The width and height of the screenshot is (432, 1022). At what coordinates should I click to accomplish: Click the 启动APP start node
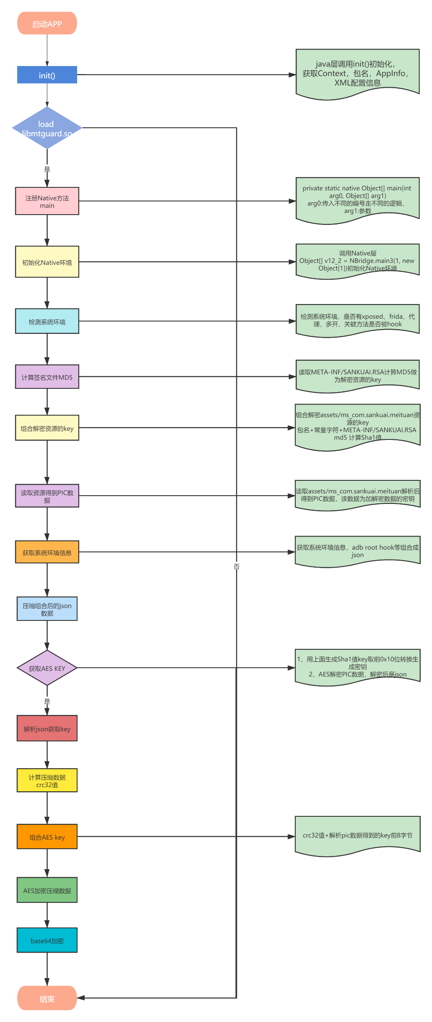pyautogui.click(x=47, y=23)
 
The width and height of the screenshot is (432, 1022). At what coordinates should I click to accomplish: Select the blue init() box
pyautogui.click(x=47, y=75)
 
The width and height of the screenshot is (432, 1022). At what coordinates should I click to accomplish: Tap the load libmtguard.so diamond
pyautogui.click(x=47, y=128)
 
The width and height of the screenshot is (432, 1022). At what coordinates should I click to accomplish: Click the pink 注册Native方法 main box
pyautogui.click(x=47, y=201)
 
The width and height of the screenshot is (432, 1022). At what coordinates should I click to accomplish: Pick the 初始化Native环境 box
pyautogui.click(x=47, y=262)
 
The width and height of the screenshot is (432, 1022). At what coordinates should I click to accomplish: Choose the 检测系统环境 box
pyautogui.click(x=47, y=321)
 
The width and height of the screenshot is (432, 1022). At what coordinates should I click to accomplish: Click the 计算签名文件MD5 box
pyautogui.click(x=47, y=377)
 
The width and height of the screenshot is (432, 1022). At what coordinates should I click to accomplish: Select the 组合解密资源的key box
pyautogui.click(x=47, y=428)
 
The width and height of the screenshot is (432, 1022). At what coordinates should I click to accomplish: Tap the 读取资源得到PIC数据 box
pyautogui.click(x=47, y=496)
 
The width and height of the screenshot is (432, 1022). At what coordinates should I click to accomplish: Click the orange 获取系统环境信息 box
pyautogui.click(x=47, y=552)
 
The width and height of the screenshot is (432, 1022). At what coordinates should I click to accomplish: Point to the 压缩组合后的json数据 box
pyautogui.click(x=47, y=609)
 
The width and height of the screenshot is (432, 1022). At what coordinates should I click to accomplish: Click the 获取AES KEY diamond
pyautogui.click(x=47, y=668)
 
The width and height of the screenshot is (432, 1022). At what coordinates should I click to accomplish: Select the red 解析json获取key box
pyautogui.click(x=47, y=729)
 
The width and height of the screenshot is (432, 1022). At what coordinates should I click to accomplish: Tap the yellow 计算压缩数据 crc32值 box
pyautogui.click(x=47, y=781)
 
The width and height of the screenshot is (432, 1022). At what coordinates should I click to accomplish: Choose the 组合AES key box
pyautogui.click(x=47, y=837)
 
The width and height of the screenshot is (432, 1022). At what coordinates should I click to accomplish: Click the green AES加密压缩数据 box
pyautogui.click(x=47, y=890)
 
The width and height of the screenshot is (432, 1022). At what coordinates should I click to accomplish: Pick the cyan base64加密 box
pyautogui.click(x=47, y=940)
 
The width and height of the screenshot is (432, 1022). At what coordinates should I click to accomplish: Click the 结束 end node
pyautogui.click(x=47, y=998)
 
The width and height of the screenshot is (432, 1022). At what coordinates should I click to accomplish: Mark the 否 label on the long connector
pyautogui.click(x=236, y=566)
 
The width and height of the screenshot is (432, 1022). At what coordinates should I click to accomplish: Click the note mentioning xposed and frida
pyautogui.click(x=357, y=320)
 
